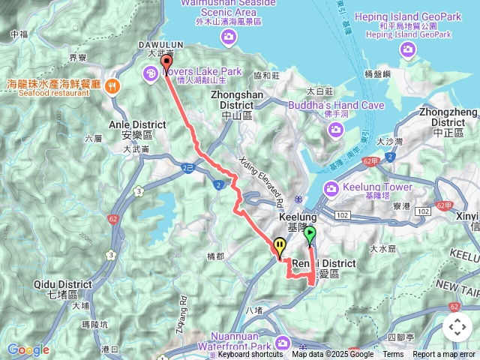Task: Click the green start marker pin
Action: [310, 236]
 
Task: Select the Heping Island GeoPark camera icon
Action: [408, 49]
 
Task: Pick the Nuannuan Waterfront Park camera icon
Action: [282, 343]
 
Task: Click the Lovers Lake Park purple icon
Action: [149, 72]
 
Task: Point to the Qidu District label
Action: [62, 289]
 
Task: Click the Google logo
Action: [28, 349]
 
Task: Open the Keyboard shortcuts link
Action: [250, 355]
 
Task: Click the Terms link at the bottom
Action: [393, 355]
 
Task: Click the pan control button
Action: [457, 327]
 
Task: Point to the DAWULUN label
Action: [157, 44]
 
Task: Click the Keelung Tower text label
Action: [377, 187]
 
